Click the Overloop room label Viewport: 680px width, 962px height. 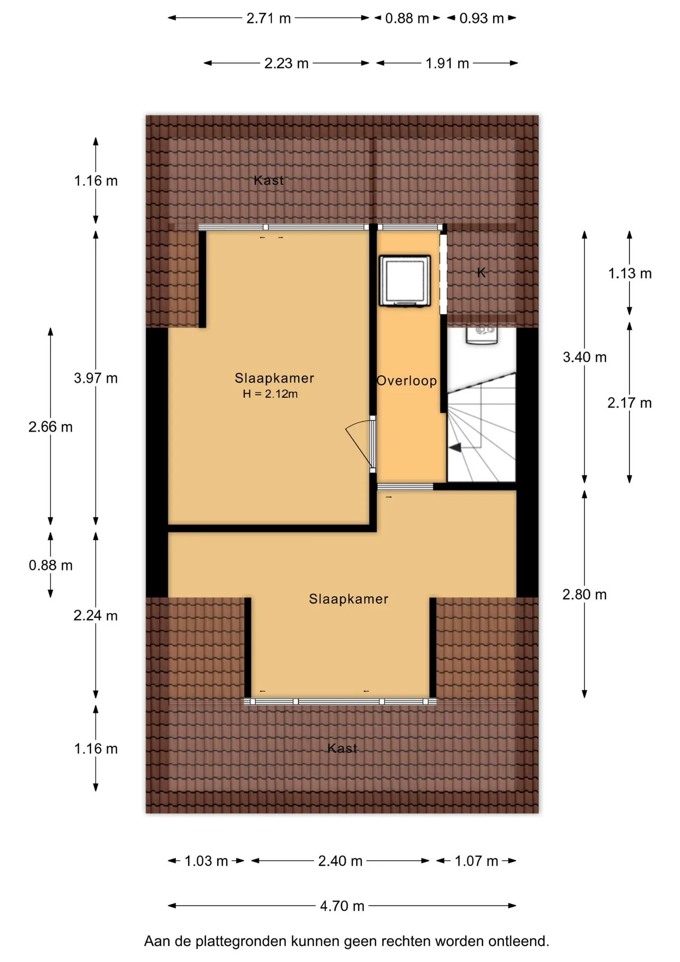tap(407, 381)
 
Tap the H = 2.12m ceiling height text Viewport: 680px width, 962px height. tap(270, 394)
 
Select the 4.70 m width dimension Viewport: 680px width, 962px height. tap(342, 906)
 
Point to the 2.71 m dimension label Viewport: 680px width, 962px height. tap(268, 19)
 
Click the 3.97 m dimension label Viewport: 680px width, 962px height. tap(96, 378)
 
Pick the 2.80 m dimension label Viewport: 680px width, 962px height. tap(584, 595)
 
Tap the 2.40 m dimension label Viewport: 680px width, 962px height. tap(340, 861)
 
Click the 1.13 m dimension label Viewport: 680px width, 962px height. tap(630, 274)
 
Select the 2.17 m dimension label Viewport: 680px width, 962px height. tap(629, 403)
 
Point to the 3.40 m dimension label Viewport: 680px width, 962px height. tap(584, 357)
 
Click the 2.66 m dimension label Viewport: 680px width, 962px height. tap(51, 427)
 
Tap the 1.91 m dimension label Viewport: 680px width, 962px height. tap(447, 64)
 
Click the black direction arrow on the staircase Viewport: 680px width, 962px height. tap(455, 448)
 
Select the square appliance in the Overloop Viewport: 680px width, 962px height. tap(405, 281)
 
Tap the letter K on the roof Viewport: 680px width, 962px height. tap(481, 273)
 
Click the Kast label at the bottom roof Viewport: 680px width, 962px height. tap(343, 748)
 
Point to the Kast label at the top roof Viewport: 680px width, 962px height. tap(269, 180)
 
